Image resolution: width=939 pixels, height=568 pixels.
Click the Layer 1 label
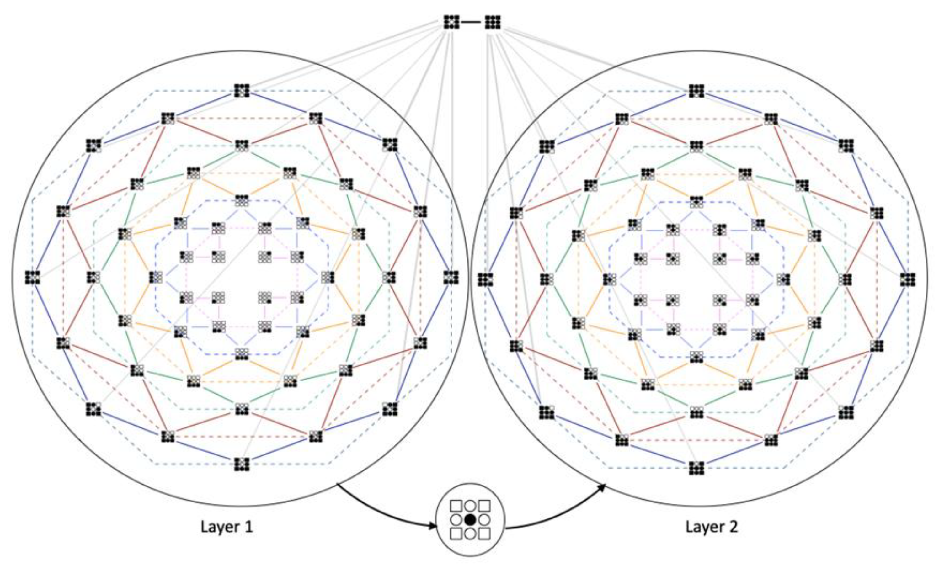pyautogui.click(x=227, y=527)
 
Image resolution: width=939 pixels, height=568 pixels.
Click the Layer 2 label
pyautogui.click(x=712, y=527)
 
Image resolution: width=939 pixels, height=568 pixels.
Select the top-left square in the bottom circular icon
pyautogui.click(x=456, y=506)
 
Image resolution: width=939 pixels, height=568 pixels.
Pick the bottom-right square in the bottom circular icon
pyautogui.click(x=484, y=533)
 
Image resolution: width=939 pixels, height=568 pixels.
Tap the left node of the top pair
pyautogui.click(x=451, y=22)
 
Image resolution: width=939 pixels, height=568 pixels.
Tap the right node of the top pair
pyautogui.click(x=492, y=22)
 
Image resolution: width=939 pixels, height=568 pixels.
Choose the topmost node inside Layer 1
pyautogui.click(x=242, y=91)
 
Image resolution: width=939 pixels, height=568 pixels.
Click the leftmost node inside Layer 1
pyautogui.click(x=32, y=277)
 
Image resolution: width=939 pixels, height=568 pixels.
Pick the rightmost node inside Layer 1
pyautogui.click(x=451, y=277)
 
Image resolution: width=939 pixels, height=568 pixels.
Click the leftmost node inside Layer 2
pyautogui.click(x=485, y=280)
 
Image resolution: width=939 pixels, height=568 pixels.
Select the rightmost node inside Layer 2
pyautogui.click(x=908, y=280)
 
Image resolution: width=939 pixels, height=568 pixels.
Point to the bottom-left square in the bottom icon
pyautogui.click(x=456, y=533)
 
